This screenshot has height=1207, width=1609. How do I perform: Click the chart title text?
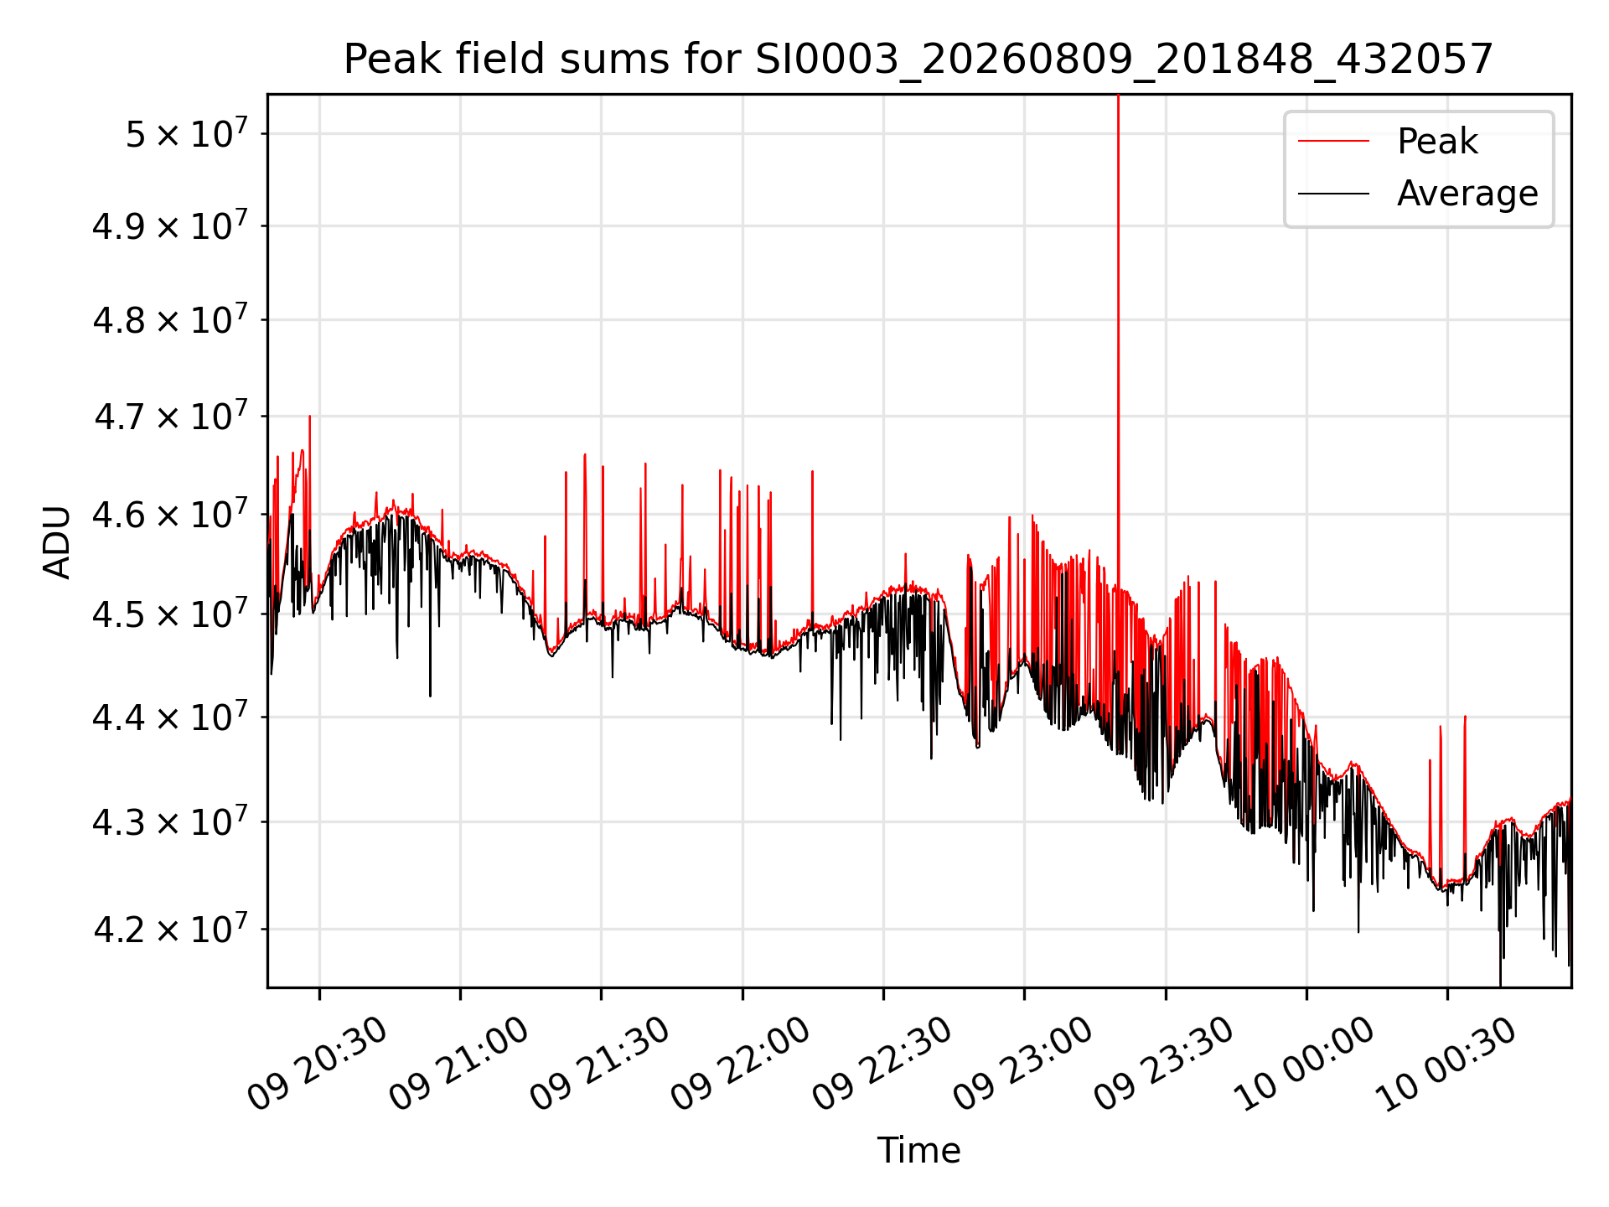point(918,60)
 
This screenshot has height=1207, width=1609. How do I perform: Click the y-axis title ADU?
point(57,541)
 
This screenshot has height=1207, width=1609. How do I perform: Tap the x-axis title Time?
point(918,1150)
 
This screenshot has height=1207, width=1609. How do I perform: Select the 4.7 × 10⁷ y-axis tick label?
point(170,415)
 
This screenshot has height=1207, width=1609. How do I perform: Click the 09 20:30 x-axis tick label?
point(318,1063)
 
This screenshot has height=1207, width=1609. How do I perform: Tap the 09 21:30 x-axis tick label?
point(600,1063)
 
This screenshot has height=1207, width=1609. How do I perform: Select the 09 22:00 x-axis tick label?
point(741,1063)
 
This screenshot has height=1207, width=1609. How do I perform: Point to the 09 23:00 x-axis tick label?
point(1023,1063)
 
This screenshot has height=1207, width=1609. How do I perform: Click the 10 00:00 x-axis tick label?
point(1306,1063)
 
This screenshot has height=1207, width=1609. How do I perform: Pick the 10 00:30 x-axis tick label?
point(1446,1063)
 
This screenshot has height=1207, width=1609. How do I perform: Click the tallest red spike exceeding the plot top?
point(1118,335)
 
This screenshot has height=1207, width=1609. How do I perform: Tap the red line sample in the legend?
point(1333,141)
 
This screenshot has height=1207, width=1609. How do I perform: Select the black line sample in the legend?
point(1333,194)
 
